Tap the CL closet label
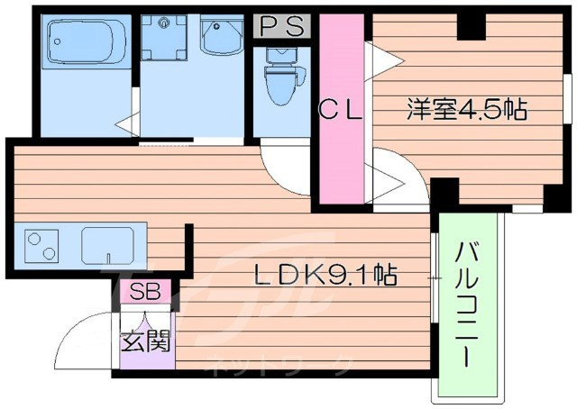point(343,112)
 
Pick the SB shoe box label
point(142,292)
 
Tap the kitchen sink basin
point(107,243)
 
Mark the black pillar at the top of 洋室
point(470,27)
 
